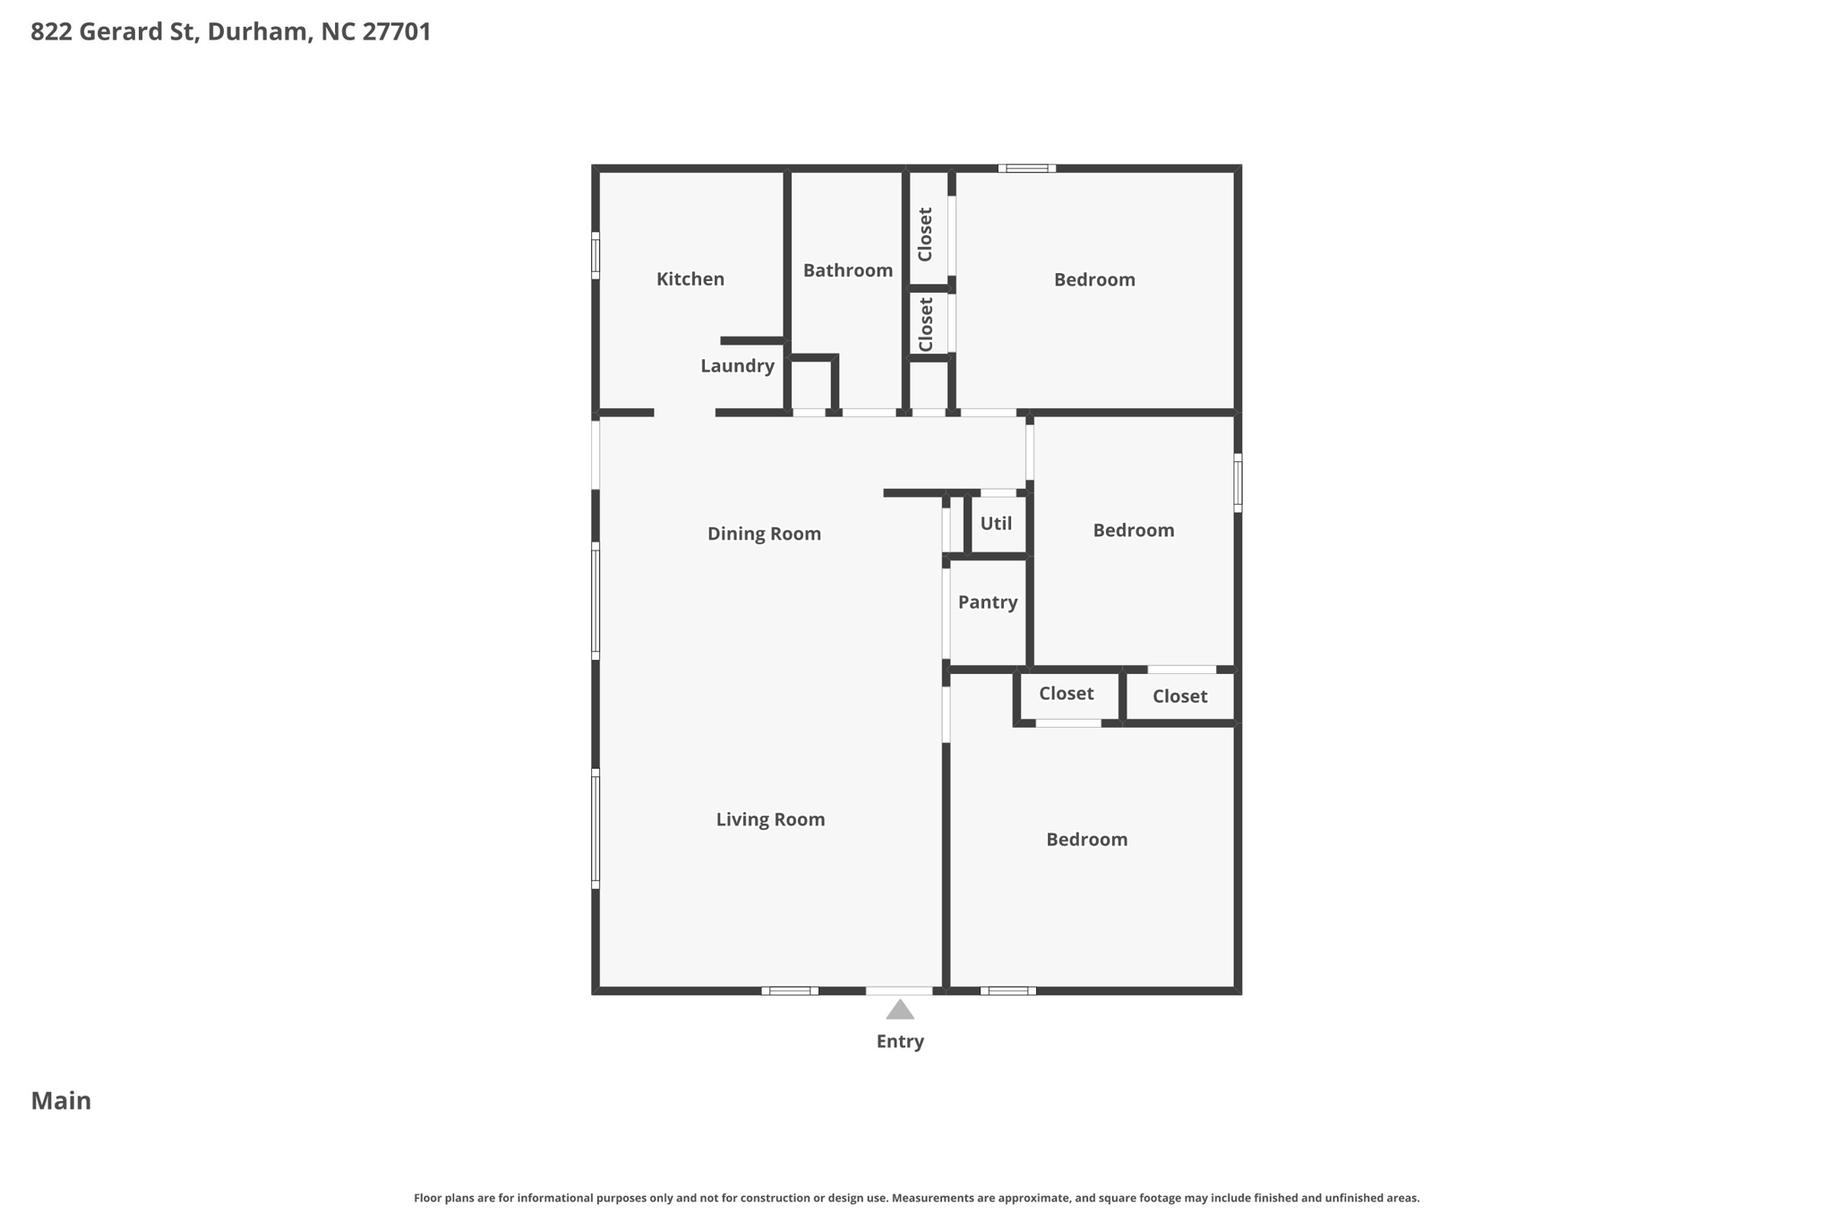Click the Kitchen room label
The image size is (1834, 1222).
pos(690,279)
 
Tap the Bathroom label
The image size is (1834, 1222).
pos(847,270)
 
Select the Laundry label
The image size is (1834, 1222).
pos(737,365)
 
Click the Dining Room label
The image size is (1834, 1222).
pos(764,534)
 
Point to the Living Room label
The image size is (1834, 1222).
pos(770,819)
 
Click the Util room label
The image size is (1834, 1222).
pos(996,524)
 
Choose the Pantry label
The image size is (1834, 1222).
pos(988,602)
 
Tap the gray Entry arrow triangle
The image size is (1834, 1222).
pos(900,1010)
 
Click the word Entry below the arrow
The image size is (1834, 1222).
pos(900,1041)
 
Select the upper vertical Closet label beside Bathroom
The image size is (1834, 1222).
pos(926,235)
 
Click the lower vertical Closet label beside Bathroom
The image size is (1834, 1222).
pos(926,324)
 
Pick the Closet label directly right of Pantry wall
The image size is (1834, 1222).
pos(1066,694)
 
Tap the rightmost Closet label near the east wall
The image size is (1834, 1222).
pos(1179,696)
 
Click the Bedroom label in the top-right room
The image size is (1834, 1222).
pos(1094,280)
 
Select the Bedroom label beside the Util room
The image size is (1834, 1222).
pos(1133,531)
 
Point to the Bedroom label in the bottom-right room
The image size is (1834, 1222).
pos(1086,840)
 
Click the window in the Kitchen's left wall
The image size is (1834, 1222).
pos(596,255)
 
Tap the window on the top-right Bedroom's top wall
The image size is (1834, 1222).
pos(1027,168)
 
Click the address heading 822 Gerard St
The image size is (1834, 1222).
pos(231,32)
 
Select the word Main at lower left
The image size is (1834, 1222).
pos(61,1101)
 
